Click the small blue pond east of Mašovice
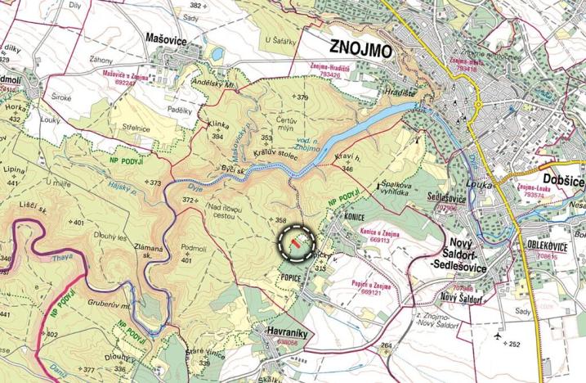(x=216, y=54)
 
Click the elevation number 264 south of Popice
(x=387, y=345)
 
